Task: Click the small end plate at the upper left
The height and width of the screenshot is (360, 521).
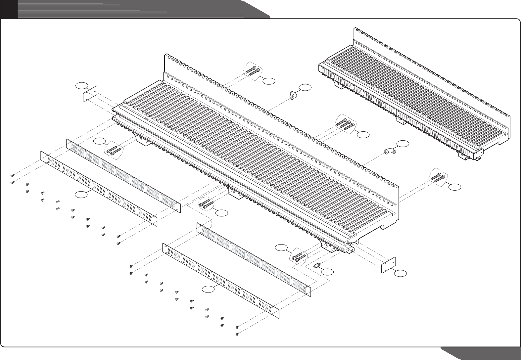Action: (89, 95)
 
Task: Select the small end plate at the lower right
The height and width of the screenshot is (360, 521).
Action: (389, 265)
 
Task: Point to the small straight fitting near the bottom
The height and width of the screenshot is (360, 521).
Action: (316, 265)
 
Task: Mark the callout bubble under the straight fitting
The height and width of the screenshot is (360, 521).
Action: (328, 272)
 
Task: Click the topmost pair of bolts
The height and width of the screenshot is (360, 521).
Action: (254, 70)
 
